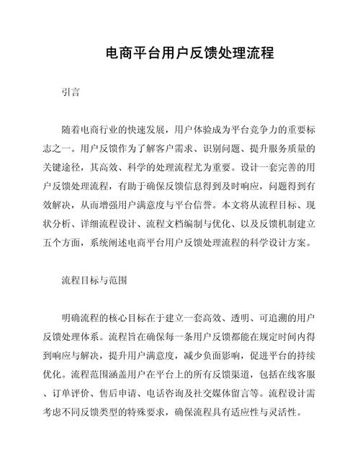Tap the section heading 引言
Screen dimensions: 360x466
pos(71,92)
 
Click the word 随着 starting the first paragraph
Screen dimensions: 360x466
pos(71,130)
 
